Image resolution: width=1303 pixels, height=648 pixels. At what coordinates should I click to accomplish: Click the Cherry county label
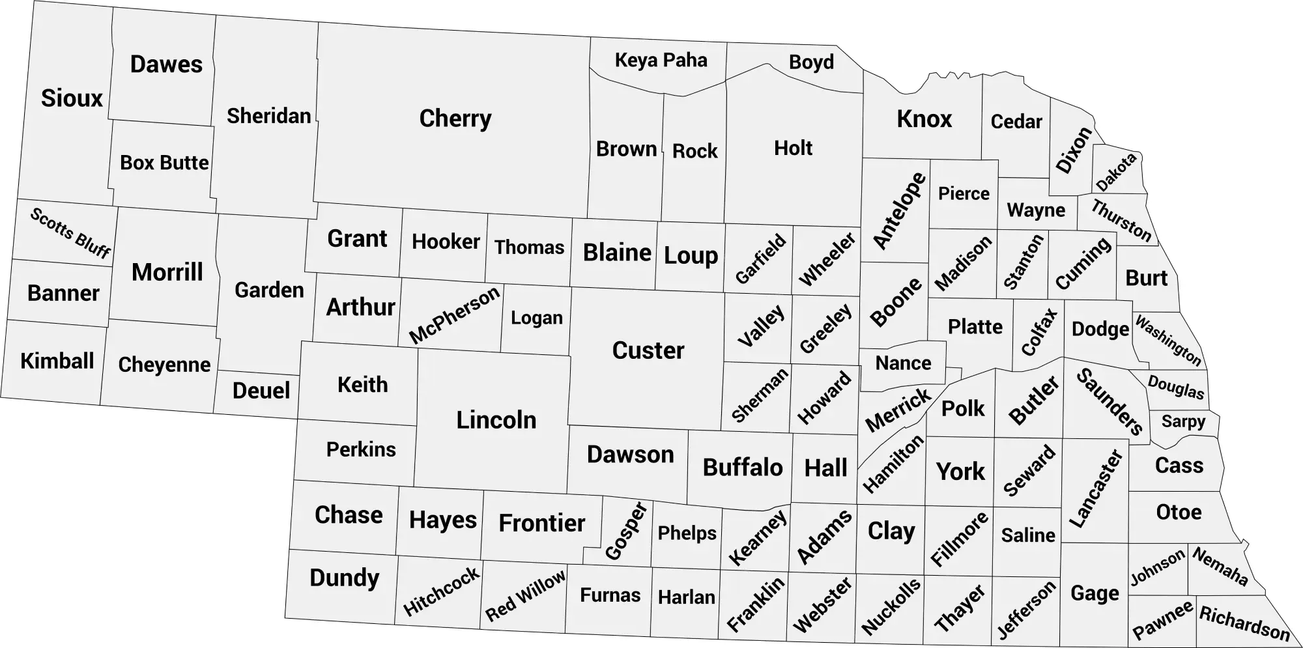455,119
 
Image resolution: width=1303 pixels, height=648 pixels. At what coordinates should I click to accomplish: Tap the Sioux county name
72,98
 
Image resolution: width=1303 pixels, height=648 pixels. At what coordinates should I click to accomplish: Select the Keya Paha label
661,61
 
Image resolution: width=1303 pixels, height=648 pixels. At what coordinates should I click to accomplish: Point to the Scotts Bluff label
70,232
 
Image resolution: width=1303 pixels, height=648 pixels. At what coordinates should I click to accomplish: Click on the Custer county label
648,350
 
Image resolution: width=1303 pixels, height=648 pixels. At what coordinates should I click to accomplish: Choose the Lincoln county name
496,420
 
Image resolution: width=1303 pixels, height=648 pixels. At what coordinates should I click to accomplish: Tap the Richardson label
1244,623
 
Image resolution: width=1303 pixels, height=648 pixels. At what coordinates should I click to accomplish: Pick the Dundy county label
344,578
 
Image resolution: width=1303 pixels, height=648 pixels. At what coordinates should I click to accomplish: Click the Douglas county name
1176,387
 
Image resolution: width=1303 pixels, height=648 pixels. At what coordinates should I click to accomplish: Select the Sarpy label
1183,421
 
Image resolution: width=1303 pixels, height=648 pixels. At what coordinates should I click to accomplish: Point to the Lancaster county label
1096,488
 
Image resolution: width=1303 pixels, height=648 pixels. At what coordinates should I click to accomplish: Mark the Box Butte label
164,163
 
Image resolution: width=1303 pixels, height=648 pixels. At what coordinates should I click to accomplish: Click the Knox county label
924,119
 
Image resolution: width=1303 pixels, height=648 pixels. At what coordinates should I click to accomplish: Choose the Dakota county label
1116,172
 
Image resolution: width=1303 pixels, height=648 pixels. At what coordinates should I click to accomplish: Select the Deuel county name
261,391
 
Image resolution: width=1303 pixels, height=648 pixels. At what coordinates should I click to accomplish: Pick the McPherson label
454,315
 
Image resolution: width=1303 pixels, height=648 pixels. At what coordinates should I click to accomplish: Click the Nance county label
903,363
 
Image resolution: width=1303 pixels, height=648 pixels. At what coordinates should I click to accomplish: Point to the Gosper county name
625,531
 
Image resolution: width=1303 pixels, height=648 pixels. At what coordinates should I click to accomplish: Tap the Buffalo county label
742,468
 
